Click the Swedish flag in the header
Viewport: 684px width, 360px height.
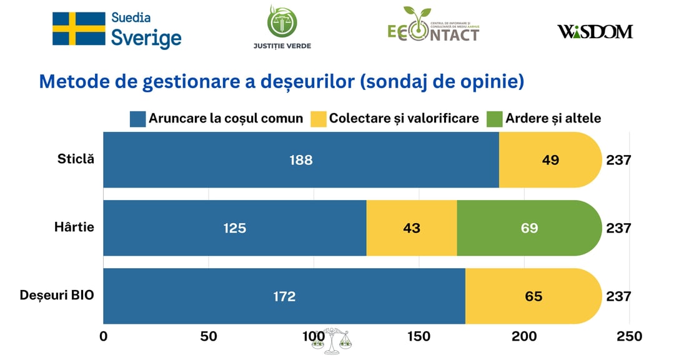pyautogui.click(x=78, y=29)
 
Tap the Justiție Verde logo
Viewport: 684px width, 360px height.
pyautogui.click(x=282, y=27)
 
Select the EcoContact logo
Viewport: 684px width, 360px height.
pyautogui.click(x=433, y=26)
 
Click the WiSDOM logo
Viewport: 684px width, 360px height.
pyautogui.click(x=595, y=31)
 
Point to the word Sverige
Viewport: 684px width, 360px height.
pyautogui.click(x=146, y=38)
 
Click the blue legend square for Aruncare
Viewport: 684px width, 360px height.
pyautogui.click(x=137, y=119)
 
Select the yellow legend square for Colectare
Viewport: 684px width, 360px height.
pyautogui.click(x=318, y=119)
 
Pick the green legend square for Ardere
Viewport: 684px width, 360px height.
pyautogui.click(x=494, y=119)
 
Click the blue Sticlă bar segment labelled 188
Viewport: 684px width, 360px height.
pyautogui.click(x=300, y=160)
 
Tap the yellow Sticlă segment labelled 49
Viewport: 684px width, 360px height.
pyautogui.click(x=550, y=160)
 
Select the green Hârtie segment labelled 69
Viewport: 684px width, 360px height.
pyautogui.click(x=529, y=228)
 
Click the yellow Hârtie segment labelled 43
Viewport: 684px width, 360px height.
pyautogui.click(x=411, y=228)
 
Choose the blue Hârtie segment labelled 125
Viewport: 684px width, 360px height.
pyautogui.click(x=234, y=228)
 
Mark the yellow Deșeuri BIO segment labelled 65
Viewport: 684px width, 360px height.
pyautogui.click(x=533, y=296)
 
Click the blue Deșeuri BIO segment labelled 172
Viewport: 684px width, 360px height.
pyautogui.click(x=284, y=296)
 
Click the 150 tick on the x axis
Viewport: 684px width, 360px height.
pyautogui.click(x=419, y=336)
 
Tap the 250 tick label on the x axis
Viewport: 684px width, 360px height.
pyautogui.click(x=629, y=336)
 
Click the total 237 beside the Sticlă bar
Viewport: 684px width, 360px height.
pyautogui.click(x=618, y=160)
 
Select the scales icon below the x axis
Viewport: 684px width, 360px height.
pyautogui.click(x=332, y=341)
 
